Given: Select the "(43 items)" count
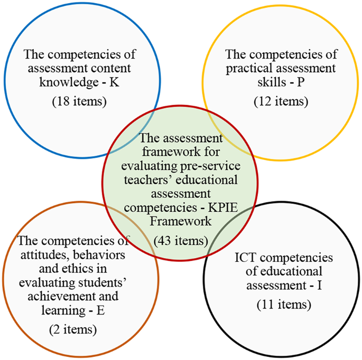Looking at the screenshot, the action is (x=181, y=241).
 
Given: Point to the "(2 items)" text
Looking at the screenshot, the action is (x=73, y=330).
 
